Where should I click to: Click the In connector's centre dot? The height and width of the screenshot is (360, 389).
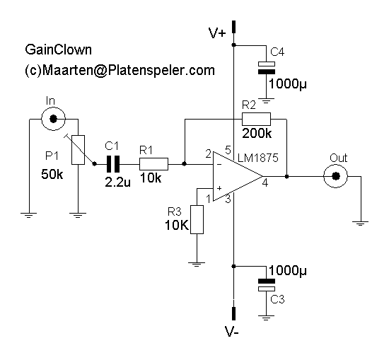pyautogui.click(x=53, y=119)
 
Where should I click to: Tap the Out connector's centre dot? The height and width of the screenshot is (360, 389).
pyautogui.click(x=336, y=176)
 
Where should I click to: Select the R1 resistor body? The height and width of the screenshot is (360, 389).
pyautogui.click(x=153, y=164)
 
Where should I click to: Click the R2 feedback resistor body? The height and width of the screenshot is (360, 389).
pyautogui.click(x=256, y=119)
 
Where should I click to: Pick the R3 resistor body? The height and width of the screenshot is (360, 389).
pyautogui.click(x=197, y=219)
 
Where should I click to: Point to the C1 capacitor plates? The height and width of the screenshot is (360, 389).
pyautogui.click(x=113, y=164)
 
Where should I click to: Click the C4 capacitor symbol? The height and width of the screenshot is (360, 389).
pyautogui.click(x=267, y=68)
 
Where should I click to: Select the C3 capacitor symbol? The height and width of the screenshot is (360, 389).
pyautogui.click(x=267, y=285)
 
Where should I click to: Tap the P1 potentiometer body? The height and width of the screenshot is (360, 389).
pyautogui.click(x=78, y=150)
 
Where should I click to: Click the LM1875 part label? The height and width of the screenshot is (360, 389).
pyautogui.click(x=258, y=158)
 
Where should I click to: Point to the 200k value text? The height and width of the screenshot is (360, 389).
pyautogui.click(x=257, y=134)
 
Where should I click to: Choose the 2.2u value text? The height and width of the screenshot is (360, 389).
pyautogui.click(x=117, y=182)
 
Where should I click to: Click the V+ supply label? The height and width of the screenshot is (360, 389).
pyautogui.click(x=217, y=33)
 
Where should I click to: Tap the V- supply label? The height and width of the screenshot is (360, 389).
pyautogui.click(x=232, y=332)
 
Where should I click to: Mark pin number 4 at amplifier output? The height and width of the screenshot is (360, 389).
pyautogui.click(x=265, y=183)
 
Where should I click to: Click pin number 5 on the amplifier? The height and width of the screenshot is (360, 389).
pyautogui.click(x=228, y=150)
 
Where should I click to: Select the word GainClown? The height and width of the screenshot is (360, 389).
pyautogui.click(x=58, y=50)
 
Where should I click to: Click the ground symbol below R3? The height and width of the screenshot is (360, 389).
pyautogui.click(x=197, y=265)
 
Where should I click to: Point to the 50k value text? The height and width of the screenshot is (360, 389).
pyautogui.click(x=52, y=174)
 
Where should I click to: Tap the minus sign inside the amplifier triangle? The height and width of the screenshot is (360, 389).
pyautogui.click(x=219, y=164)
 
